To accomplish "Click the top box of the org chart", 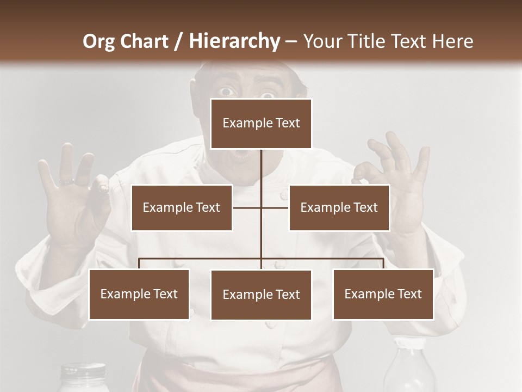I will pos(261,124).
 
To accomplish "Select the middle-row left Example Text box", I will pos(182,207).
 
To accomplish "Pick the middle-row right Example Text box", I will pos(339,207).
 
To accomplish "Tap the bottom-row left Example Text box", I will pos(139,294).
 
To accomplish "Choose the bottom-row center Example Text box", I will pos(261,295).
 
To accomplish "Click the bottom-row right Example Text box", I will pos(383,294).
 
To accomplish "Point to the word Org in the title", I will pos(98,41).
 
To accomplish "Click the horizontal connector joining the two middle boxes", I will pos(261,207).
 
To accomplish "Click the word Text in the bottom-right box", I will pos(409,294).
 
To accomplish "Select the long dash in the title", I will pos(291,42).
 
